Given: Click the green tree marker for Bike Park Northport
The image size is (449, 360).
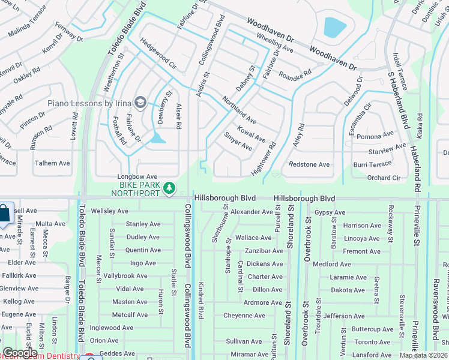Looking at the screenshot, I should click(170, 188).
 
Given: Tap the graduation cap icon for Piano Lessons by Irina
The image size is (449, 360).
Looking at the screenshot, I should click(140, 103).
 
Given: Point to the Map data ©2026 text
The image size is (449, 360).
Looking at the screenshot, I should click(424, 355).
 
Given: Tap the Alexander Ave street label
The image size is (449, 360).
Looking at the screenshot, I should click(252, 212).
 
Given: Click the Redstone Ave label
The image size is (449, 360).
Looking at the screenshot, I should click(309, 164).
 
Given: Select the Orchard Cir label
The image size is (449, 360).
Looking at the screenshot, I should click(384, 178).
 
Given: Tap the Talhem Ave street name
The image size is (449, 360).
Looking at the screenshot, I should click(52, 163).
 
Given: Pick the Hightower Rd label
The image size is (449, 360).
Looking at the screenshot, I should click(264, 158).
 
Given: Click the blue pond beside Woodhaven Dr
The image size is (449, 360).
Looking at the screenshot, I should click(334, 26).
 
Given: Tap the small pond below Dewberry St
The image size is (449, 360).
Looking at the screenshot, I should click(158, 138).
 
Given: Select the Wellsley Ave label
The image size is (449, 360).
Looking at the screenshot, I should click(109, 211).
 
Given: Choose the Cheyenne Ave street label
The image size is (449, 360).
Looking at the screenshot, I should click(244, 316).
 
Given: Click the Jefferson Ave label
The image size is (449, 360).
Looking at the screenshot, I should click(344, 316).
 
